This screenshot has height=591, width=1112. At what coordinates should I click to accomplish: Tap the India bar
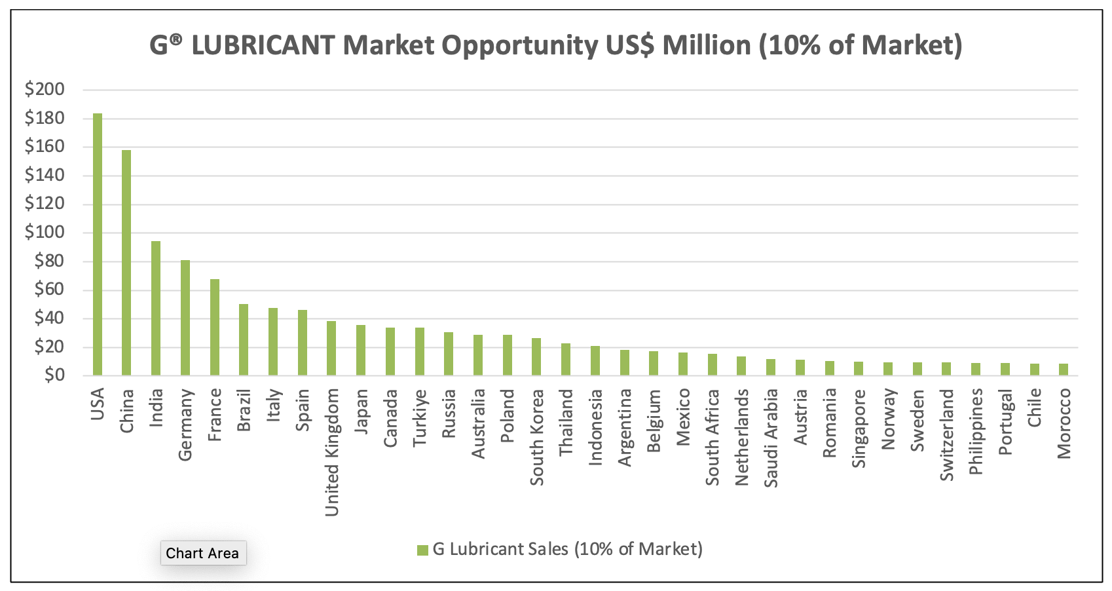coord(156,308)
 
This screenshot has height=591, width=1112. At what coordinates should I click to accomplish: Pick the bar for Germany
coord(185,318)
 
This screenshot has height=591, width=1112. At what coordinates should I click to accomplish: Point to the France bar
coord(215,327)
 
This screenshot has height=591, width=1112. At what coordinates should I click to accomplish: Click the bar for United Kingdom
coord(331,348)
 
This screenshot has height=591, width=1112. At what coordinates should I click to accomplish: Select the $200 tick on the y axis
coord(45,89)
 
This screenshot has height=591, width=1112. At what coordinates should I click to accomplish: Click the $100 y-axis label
coord(45,232)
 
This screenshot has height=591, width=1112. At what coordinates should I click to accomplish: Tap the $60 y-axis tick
coord(49,289)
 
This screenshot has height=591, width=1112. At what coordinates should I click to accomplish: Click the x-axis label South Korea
coord(537,438)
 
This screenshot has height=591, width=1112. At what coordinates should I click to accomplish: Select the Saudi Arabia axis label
coord(771,438)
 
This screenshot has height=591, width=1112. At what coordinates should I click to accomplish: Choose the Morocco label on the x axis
coord(1064,423)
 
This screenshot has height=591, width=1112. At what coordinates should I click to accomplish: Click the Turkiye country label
coord(420,418)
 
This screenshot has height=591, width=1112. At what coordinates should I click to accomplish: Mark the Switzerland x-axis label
coord(947,435)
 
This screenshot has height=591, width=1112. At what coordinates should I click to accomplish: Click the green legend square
coord(422,550)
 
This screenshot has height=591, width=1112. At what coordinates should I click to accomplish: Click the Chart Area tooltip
coord(202,553)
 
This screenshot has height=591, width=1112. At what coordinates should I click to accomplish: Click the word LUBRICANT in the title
coord(263,45)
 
